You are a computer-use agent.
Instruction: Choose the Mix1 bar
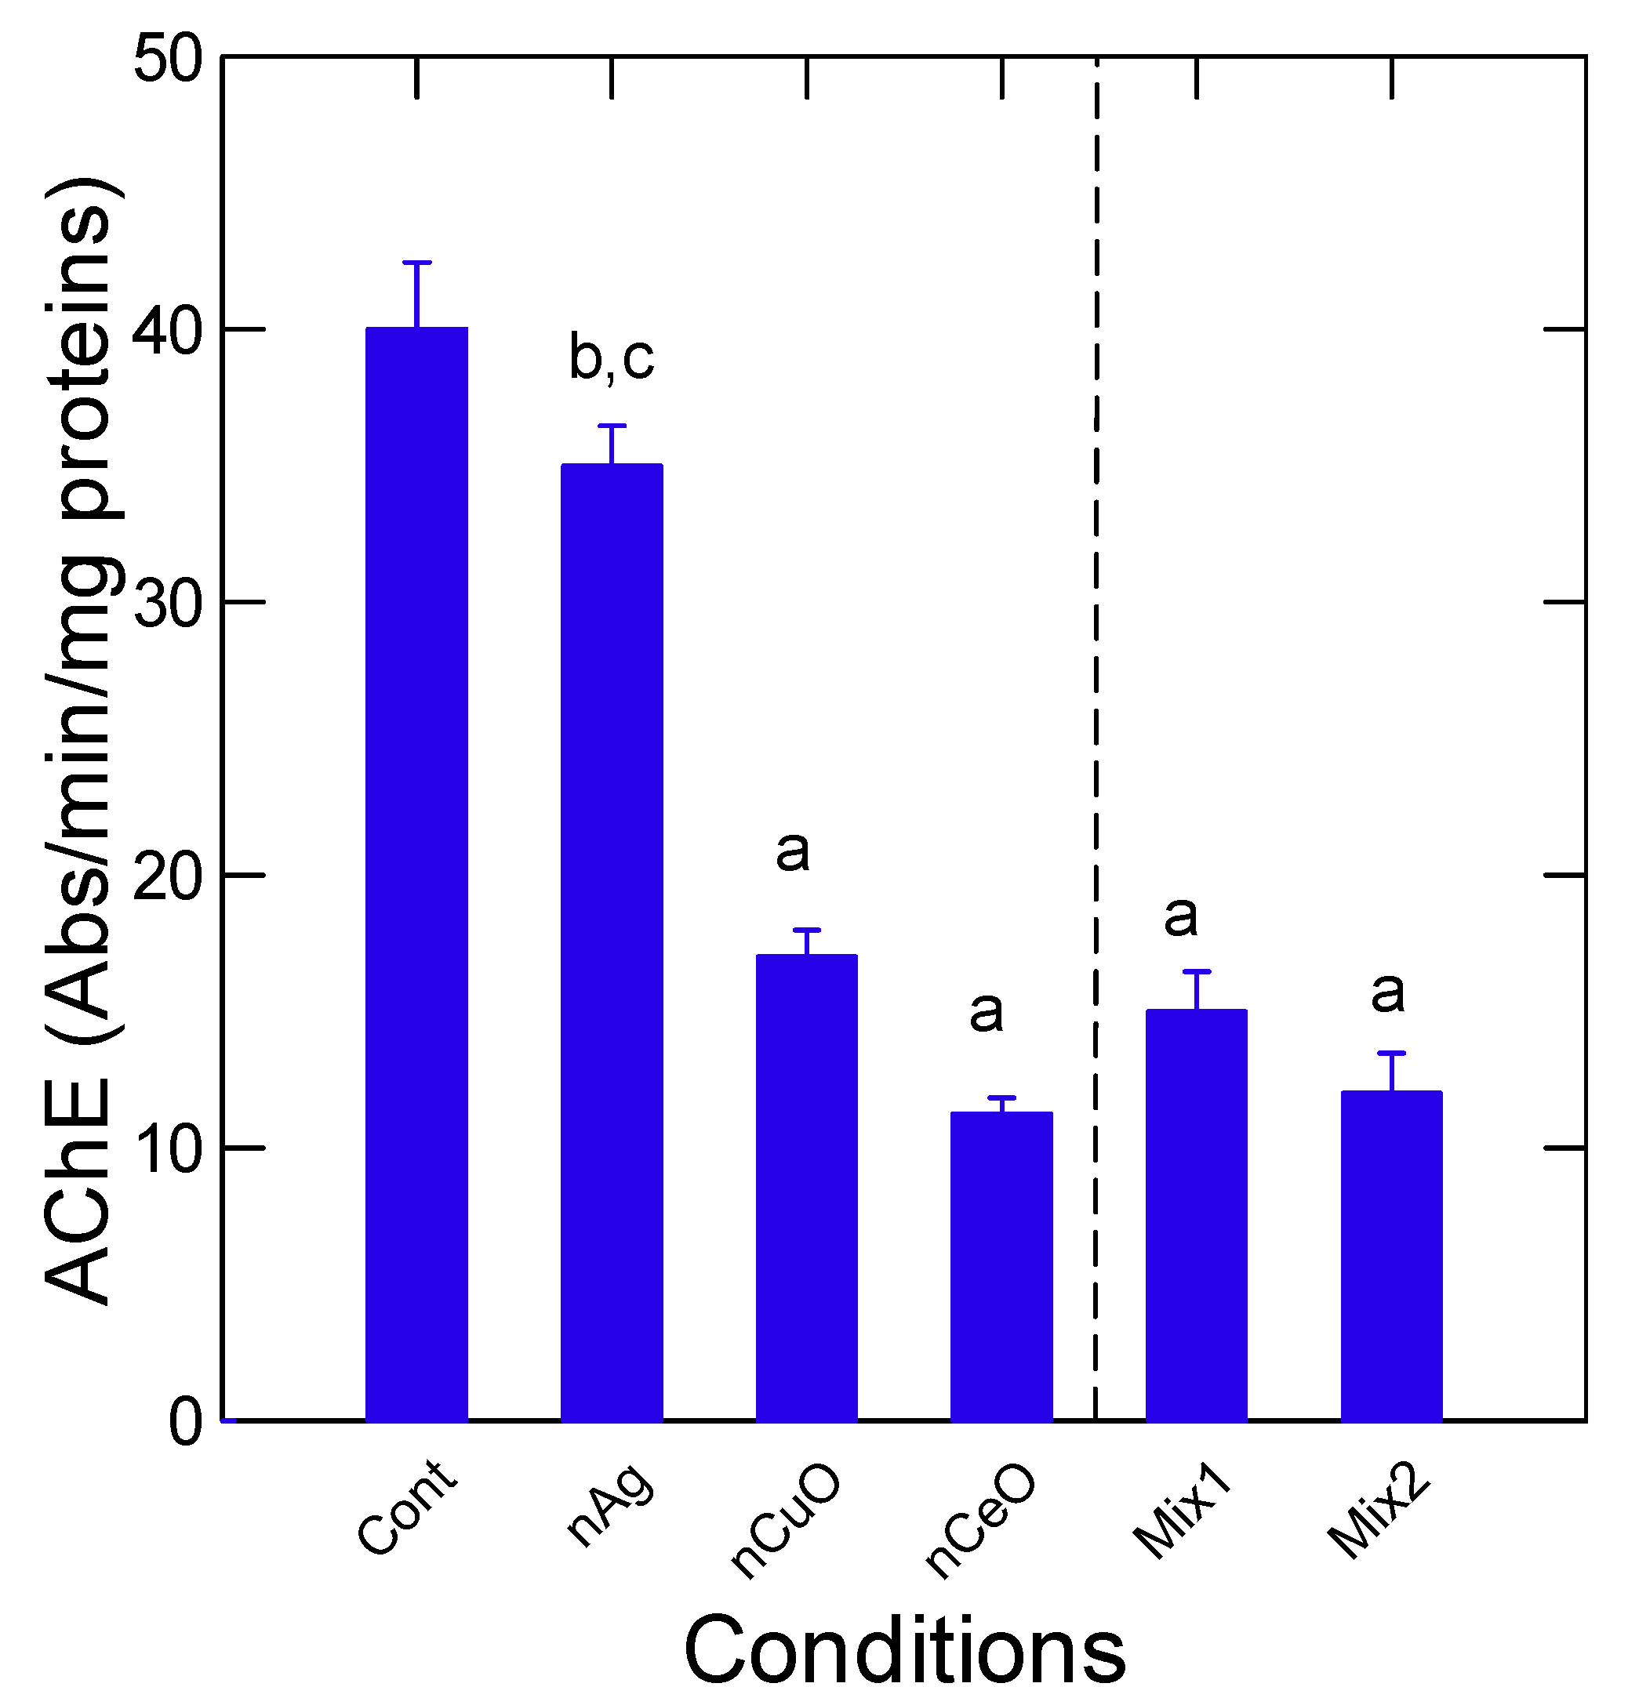pyautogui.click(x=1197, y=1214)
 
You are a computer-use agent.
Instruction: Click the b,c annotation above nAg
pyautogui.click(x=612, y=357)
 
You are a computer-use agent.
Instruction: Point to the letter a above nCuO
pyautogui.click(x=792, y=852)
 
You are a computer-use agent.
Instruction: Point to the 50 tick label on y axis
pyautogui.click(x=169, y=60)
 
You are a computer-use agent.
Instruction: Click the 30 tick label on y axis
pyautogui.click(x=169, y=604)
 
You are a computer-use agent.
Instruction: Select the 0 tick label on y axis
pyautogui.click(x=185, y=1423)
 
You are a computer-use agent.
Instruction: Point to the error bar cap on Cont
pyautogui.click(x=416, y=262)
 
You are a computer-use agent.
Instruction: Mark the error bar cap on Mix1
pyautogui.click(x=1197, y=972)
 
